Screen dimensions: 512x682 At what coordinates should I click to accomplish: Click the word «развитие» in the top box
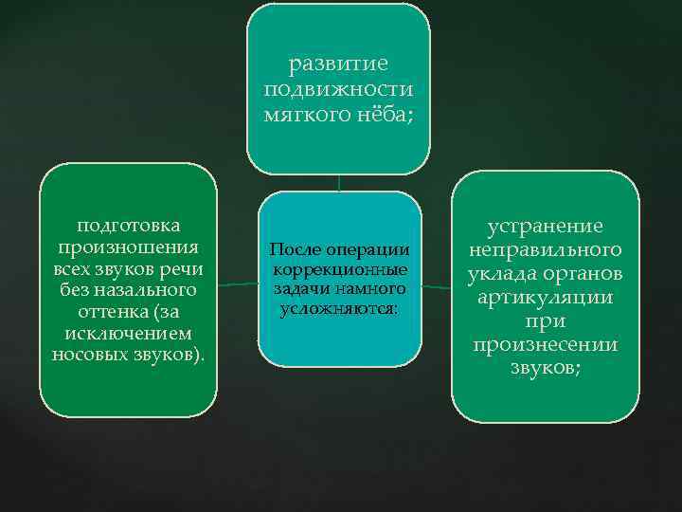point(338,64)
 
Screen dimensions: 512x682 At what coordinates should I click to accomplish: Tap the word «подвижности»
point(338,89)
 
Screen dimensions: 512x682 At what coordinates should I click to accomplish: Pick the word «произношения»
point(129,247)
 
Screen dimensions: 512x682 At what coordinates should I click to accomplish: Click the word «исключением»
point(129,333)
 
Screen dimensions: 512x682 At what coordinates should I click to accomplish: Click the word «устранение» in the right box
point(545,227)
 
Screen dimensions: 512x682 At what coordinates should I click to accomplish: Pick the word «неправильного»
point(545,250)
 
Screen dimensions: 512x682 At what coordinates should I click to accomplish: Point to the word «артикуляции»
point(545,298)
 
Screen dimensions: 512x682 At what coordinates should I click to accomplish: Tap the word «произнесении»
point(545,345)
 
